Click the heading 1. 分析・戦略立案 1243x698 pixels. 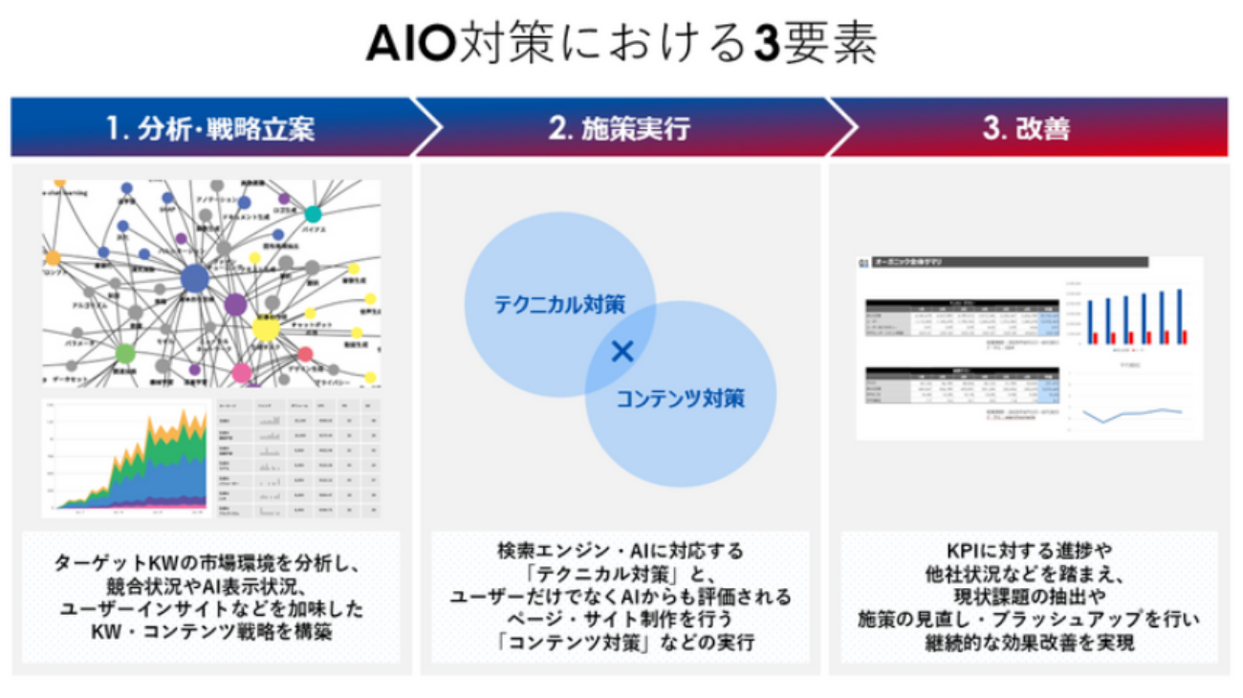(211, 129)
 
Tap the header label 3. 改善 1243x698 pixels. (1027, 129)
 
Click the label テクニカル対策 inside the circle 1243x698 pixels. (559, 305)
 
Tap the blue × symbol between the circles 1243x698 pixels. (622, 352)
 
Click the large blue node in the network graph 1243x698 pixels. (195, 279)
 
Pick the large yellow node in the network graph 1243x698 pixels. (266, 330)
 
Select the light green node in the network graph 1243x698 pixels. (125, 354)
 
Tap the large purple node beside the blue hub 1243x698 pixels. (235, 306)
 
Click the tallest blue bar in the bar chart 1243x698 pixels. (1179, 316)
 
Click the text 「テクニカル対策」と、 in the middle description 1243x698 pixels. (621, 574)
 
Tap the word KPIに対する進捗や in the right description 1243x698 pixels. (1029, 552)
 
